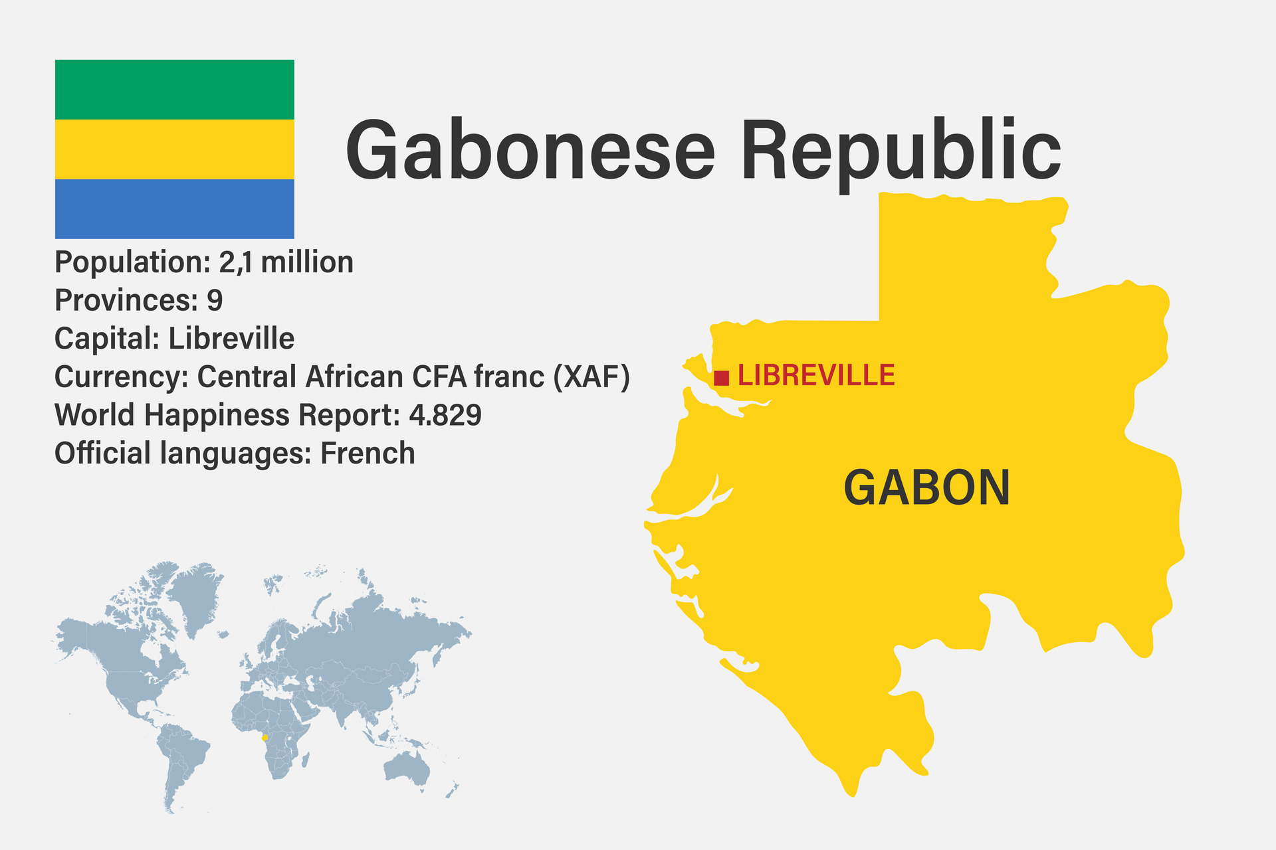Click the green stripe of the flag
(x=174, y=90)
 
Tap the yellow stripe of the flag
(x=174, y=149)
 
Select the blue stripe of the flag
(x=174, y=209)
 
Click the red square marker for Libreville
(x=722, y=378)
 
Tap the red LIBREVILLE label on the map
(x=816, y=376)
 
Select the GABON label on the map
(x=926, y=487)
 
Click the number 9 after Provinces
(x=215, y=300)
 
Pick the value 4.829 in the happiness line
(x=445, y=415)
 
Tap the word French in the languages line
(x=368, y=454)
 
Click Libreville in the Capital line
(x=231, y=339)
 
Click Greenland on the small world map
(x=196, y=594)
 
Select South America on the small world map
(x=181, y=757)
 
